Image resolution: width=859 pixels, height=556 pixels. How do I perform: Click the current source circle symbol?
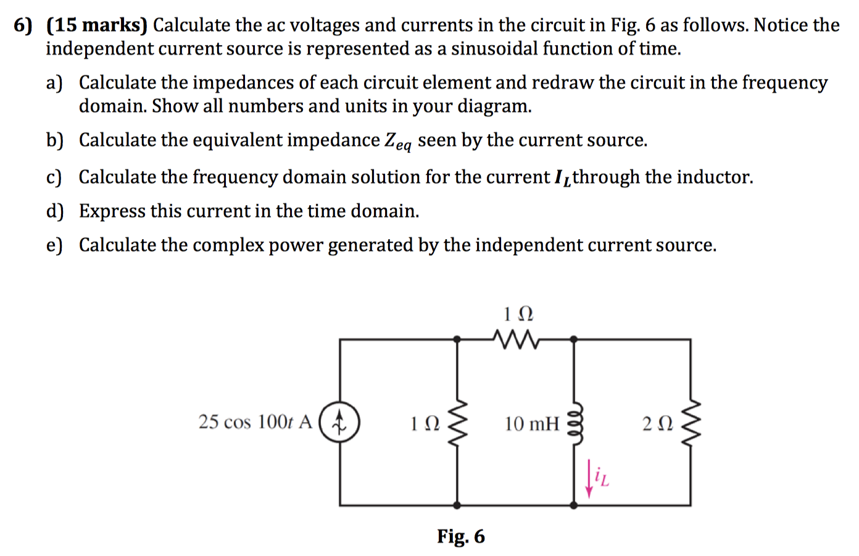point(339,423)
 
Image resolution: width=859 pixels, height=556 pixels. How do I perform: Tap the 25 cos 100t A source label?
point(255,422)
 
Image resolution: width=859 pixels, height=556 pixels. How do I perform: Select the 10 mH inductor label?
point(531,424)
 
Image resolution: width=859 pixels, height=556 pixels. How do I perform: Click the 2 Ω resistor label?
point(657,424)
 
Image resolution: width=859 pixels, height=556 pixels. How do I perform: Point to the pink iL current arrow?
point(589,478)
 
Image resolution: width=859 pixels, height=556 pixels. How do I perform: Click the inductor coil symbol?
point(575,423)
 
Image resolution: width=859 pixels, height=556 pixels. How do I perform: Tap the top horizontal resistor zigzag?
point(516,339)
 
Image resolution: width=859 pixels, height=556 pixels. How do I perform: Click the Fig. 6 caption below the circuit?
point(460,536)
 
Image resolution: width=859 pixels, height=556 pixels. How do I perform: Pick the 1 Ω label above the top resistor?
point(518,314)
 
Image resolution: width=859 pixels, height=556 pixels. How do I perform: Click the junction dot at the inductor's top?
point(574,339)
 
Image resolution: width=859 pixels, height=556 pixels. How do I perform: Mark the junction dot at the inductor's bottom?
point(574,505)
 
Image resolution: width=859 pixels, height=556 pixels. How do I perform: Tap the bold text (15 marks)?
point(97,25)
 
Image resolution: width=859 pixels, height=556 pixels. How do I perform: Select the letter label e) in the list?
point(54,245)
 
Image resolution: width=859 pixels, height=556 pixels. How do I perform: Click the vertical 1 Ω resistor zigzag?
point(457,423)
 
